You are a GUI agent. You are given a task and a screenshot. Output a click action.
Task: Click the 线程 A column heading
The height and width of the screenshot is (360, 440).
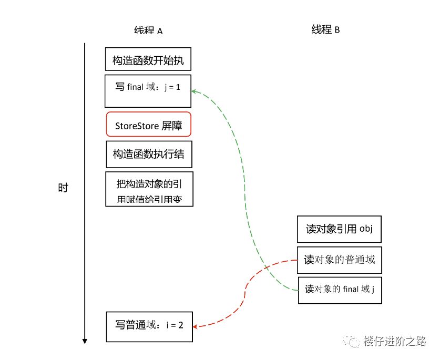point(148,30)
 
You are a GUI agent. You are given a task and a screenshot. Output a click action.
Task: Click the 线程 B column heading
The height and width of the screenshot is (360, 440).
point(325,29)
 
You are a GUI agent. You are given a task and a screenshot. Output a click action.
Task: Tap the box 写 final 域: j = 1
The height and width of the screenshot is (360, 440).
point(148,90)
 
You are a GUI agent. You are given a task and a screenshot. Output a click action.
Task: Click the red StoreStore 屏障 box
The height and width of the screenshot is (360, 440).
point(148,125)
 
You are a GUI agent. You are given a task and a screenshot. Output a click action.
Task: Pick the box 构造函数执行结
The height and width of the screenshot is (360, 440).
point(149,154)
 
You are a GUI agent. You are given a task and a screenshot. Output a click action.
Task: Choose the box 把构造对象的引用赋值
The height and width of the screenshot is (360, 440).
point(149,189)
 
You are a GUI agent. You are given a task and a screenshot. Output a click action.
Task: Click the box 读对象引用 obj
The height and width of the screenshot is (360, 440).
point(339,229)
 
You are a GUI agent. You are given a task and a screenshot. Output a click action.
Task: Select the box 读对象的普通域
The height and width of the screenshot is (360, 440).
point(339,260)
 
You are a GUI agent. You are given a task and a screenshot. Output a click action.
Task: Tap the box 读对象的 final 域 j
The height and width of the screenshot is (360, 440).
point(339,290)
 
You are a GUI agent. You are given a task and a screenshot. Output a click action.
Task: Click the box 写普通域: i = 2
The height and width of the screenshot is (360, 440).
point(149,326)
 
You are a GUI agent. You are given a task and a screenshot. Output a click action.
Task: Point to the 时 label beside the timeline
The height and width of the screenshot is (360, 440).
point(63,188)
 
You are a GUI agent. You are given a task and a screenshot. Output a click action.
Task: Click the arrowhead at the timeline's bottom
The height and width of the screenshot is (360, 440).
point(85,341)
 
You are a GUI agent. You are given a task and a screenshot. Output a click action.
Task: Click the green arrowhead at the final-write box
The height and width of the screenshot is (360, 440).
point(193,91)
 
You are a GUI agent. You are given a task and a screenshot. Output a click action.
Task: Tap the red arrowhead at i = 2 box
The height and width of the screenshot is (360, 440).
point(195,326)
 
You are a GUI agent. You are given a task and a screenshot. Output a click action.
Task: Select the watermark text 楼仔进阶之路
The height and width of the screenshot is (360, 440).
point(394,341)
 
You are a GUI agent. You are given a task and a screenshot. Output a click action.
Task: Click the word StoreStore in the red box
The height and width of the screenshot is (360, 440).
point(134,126)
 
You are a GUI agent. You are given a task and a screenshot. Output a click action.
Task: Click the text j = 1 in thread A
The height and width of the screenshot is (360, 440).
point(172,87)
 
